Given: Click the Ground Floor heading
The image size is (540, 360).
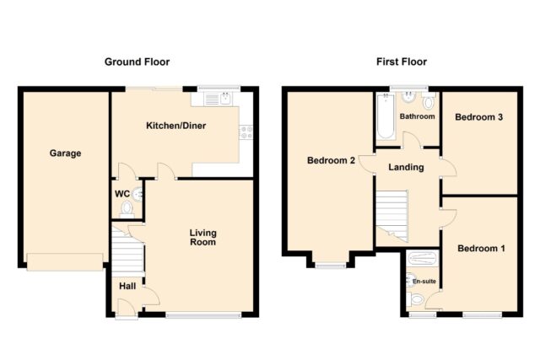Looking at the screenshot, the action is [x=137, y=62].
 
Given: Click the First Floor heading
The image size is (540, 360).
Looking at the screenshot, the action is [x=402, y=62].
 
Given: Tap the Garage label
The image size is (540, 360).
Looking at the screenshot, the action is [x=66, y=153].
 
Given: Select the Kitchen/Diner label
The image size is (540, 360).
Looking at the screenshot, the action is [x=176, y=126].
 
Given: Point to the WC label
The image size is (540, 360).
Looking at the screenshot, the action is [x=122, y=194].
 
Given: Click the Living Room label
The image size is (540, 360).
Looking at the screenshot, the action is [x=203, y=238].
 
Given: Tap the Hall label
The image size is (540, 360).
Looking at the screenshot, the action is [x=127, y=286].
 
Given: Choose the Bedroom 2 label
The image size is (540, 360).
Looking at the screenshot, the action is [x=331, y=160].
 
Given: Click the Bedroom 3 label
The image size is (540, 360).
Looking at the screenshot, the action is [x=478, y=117].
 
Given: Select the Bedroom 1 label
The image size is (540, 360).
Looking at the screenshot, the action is [x=481, y=248].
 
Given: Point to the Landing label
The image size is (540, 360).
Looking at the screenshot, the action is [x=406, y=167].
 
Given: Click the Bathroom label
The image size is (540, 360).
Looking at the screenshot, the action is [x=417, y=116].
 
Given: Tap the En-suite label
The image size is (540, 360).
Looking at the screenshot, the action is [x=424, y=282].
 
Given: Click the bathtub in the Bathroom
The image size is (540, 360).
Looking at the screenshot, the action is [x=386, y=116].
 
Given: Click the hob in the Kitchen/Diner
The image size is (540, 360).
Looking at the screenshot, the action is [x=246, y=132].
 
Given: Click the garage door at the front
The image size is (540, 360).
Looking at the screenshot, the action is [x=65, y=262].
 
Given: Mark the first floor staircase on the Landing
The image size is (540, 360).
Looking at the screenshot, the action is [x=391, y=216].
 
